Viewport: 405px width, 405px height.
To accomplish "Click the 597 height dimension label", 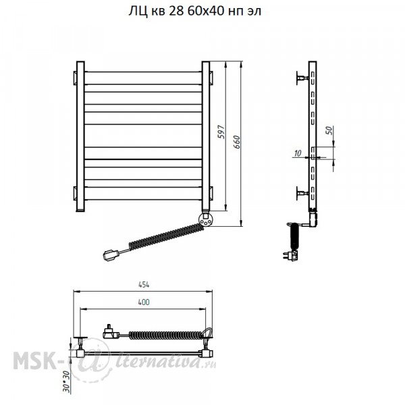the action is [x=221, y=132].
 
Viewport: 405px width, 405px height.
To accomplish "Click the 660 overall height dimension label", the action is [x=236, y=142].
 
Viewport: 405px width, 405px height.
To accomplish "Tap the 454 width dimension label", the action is [x=144, y=285].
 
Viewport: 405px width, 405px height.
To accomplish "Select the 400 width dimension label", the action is [x=144, y=302].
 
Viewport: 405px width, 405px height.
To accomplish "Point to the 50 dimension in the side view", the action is [x=329, y=130].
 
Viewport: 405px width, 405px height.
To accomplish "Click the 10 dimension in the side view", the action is [x=298, y=153].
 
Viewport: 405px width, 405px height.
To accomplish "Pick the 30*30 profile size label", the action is [x=66, y=381].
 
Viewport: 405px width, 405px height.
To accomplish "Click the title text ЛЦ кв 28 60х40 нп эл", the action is [x=195, y=11].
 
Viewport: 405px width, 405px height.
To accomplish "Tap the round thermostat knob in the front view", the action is [x=206, y=219].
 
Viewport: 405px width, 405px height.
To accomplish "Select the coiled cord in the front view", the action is [x=166, y=236].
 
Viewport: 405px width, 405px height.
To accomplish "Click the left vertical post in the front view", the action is [x=80, y=136].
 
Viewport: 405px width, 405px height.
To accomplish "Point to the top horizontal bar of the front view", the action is [x=143, y=78].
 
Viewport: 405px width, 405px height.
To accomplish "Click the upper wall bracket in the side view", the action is [x=302, y=78].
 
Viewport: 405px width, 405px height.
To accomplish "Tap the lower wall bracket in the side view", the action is [x=302, y=193].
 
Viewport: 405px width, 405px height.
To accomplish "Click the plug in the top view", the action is [x=111, y=332].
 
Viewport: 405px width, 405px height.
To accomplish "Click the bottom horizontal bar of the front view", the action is [x=143, y=193].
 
